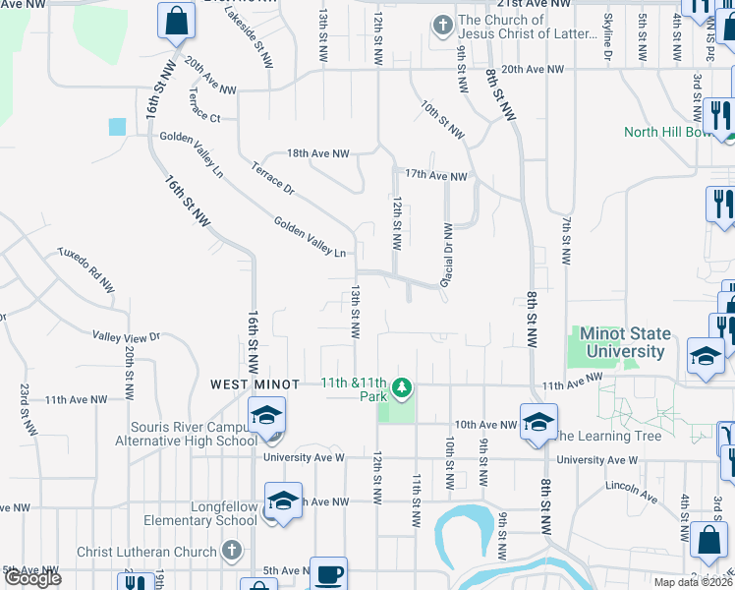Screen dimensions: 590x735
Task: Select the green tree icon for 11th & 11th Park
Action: coord(401,390)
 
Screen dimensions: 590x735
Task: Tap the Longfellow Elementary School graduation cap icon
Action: coord(283,501)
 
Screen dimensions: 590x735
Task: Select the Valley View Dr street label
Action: coord(126,336)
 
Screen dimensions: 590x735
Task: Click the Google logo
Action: coord(32,579)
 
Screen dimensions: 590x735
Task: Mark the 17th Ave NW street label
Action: coord(435,176)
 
